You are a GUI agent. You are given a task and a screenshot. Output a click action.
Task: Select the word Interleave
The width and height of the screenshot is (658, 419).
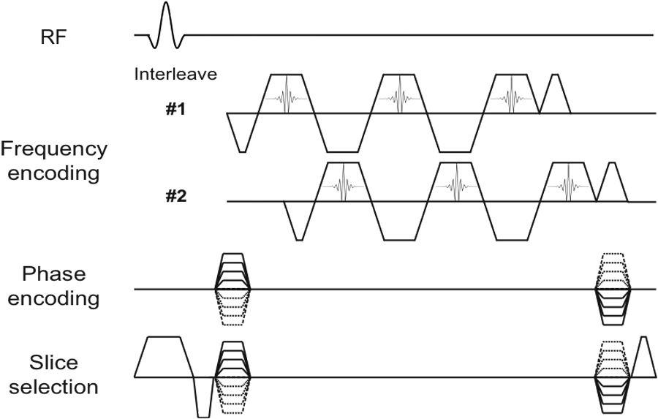click(175, 74)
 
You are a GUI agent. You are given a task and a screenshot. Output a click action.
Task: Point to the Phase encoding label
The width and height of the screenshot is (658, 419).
click(53, 286)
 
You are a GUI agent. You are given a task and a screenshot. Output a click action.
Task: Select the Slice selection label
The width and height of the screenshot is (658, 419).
click(53, 374)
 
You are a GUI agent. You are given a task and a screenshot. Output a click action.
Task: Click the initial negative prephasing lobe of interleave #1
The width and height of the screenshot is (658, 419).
click(241, 135)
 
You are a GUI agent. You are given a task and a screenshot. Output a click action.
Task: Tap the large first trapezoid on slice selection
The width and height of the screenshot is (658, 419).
click(164, 356)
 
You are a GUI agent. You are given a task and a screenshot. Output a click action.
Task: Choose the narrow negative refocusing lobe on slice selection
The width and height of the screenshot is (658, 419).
click(203, 398)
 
